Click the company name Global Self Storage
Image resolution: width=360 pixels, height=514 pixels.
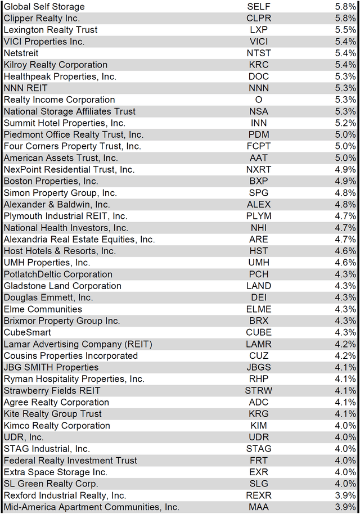(44, 7)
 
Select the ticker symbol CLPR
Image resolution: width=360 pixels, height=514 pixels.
(259, 18)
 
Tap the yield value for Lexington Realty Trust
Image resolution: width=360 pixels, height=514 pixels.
(345, 30)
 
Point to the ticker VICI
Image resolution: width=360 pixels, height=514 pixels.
(259, 42)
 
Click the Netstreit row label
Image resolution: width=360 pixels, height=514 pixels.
(21, 53)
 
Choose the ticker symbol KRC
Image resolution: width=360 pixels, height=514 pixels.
(259, 65)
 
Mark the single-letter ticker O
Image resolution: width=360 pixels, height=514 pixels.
(259, 100)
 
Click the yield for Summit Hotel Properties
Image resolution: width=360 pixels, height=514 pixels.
(345, 123)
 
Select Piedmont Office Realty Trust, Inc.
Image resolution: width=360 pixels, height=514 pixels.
(74, 134)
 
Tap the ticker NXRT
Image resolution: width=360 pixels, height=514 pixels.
(259, 169)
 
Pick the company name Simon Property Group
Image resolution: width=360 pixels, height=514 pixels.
(60, 193)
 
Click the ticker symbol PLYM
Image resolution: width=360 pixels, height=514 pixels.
(259, 216)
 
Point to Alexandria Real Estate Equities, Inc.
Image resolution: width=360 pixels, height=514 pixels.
(79, 240)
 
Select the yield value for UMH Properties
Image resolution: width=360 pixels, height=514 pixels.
(345, 263)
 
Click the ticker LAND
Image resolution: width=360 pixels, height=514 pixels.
(259, 286)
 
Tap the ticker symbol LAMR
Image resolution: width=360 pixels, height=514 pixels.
(259, 344)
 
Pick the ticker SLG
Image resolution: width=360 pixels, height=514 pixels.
(259, 484)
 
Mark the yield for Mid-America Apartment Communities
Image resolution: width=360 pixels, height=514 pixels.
(345, 507)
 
